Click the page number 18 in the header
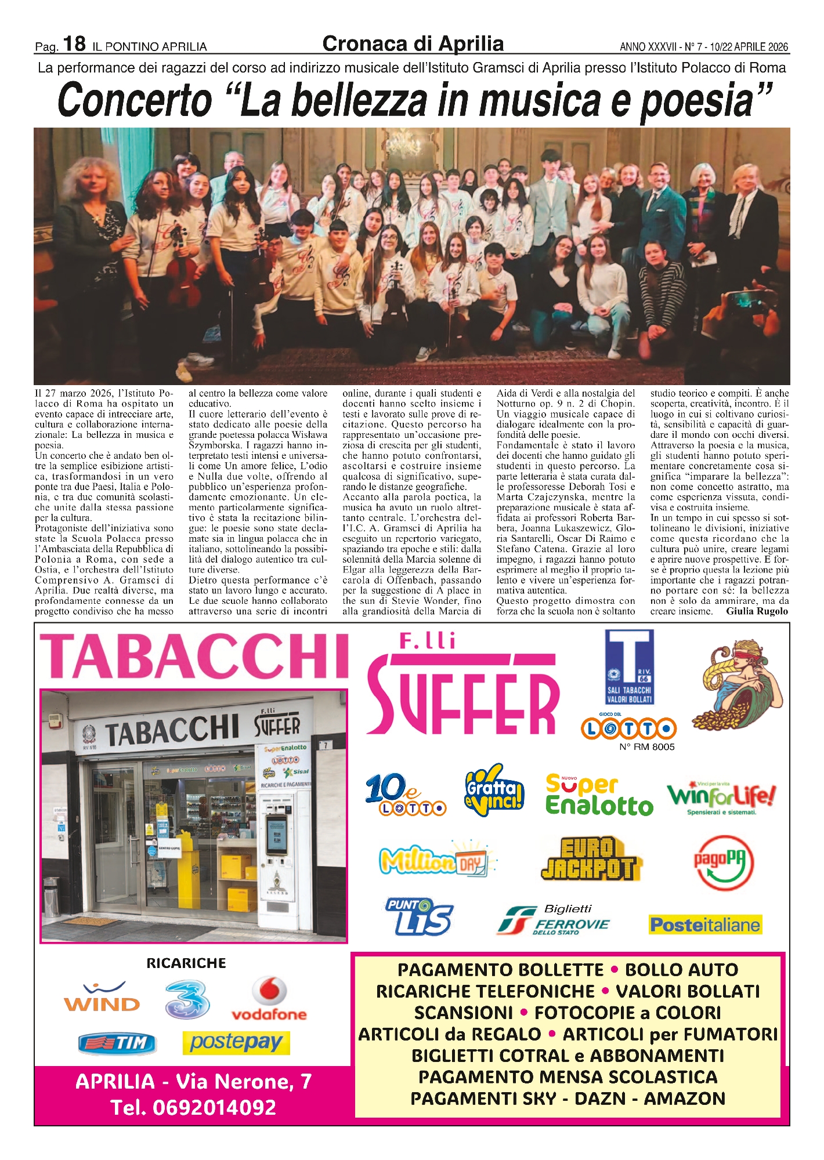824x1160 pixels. point(74,44)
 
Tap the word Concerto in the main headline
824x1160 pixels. point(135,100)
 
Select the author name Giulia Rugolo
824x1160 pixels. point(757,611)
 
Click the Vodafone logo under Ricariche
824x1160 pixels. point(269,1000)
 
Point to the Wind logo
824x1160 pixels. point(102,997)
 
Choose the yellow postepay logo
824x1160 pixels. point(236,1042)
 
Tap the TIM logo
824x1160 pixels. point(117,1043)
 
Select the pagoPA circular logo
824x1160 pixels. point(724,862)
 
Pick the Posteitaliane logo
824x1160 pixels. point(705,925)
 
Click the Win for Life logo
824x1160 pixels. point(721,796)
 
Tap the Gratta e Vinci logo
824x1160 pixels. point(494,791)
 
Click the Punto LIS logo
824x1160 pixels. point(418,917)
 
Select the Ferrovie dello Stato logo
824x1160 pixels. point(553,921)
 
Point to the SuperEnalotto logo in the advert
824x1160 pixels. point(599,796)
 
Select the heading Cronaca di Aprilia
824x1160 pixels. point(413,44)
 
